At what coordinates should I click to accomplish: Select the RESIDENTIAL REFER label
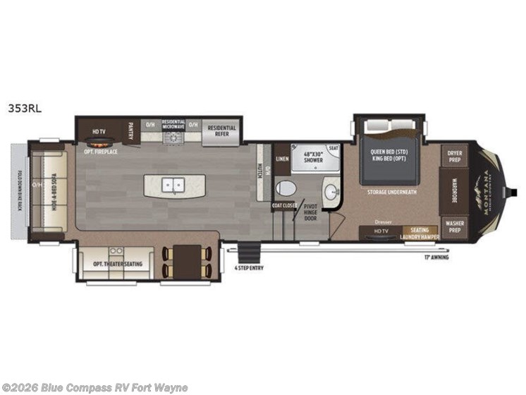click(x=221, y=130)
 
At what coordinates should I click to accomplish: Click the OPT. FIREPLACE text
click(x=101, y=152)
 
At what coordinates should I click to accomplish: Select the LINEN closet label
click(x=282, y=159)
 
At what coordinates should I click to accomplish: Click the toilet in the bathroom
click(x=286, y=188)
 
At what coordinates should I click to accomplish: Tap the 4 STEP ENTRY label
click(x=250, y=267)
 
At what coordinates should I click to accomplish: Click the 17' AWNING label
click(x=436, y=257)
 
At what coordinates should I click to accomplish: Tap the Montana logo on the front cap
click(x=487, y=190)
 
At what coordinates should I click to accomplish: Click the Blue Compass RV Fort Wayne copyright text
click(x=94, y=387)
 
